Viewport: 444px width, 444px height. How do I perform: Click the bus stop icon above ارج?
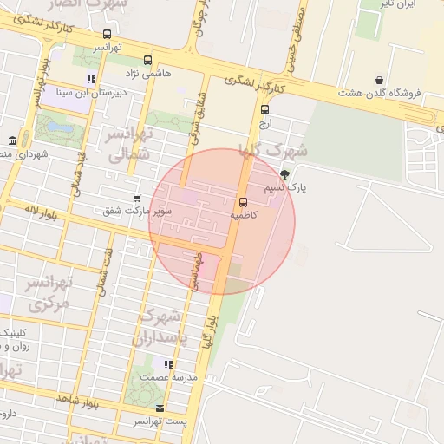coord(264,110)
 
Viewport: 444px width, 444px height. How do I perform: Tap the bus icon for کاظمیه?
coord(243,201)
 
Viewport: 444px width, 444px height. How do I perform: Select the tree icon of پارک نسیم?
coord(286,173)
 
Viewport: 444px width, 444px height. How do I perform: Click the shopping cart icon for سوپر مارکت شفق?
coord(137,199)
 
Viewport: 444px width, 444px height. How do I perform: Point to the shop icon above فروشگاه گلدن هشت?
coord(380,81)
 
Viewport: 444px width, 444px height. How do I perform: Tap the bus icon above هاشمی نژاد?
coord(147,61)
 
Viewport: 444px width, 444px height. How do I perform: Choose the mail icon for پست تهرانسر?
coord(159,408)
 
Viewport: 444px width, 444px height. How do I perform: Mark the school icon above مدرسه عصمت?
coord(168,364)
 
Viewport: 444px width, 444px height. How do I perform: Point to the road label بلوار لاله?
coord(41,211)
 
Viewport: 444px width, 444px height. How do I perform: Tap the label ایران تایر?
coord(400,4)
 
